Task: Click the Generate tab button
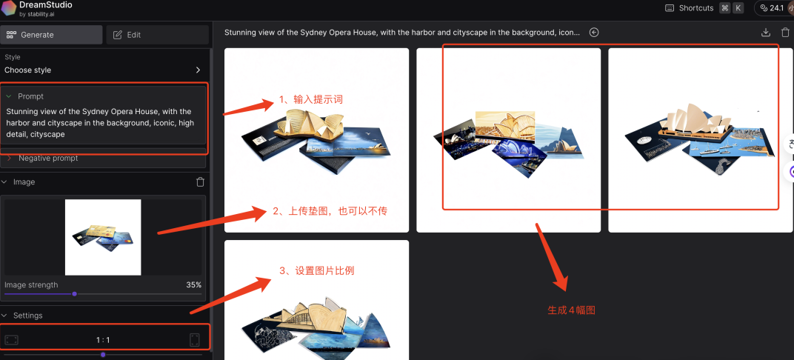pos(51,35)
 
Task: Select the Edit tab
pos(158,35)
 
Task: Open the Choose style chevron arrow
pos(198,70)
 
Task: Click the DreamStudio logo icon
pos(9,8)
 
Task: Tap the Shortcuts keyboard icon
pos(670,8)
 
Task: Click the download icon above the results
pos(766,33)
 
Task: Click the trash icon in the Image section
pos(201,181)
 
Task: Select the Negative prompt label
pos(49,159)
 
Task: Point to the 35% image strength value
pos(194,285)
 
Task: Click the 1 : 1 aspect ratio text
pos(103,340)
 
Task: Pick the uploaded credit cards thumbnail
pos(103,238)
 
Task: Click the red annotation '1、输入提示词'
pos(311,100)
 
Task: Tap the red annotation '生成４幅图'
pos(571,310)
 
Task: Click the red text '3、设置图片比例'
pos(317,271)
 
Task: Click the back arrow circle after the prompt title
pos(594,33)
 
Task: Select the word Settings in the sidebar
pos(28,316)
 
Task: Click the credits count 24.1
pos(777,8)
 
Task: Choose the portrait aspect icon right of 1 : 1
pos(195,340)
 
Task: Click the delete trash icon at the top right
pos(786,33)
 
